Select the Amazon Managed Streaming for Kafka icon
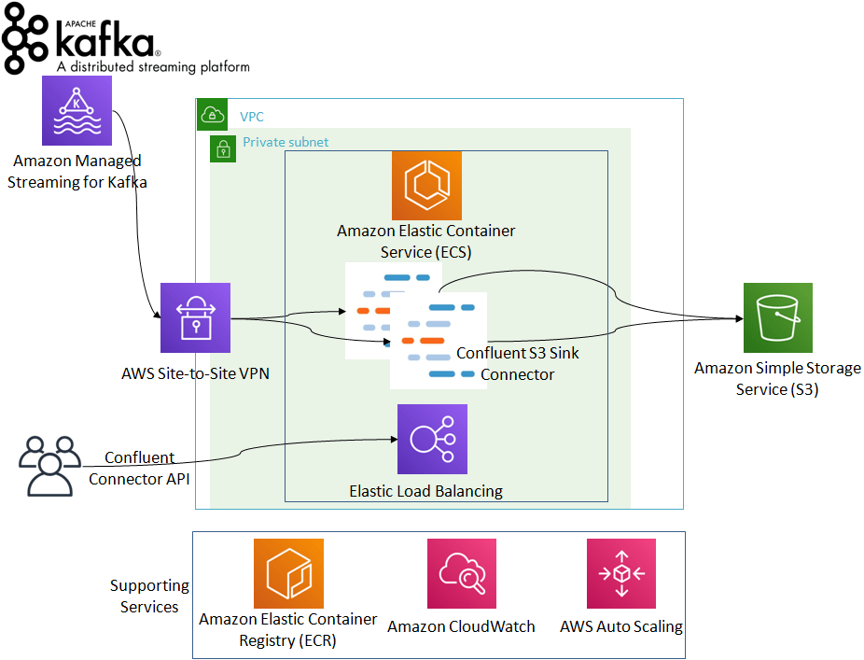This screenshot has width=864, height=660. point(77,111)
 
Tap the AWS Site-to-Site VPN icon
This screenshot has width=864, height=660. point(195,318)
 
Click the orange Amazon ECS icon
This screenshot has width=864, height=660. point(426,185)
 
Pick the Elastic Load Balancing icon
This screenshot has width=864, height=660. point(432,439)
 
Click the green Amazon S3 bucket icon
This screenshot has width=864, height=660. point(777,317)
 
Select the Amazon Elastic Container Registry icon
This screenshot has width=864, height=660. point(288,573)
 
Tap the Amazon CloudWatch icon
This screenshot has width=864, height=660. point(461,573)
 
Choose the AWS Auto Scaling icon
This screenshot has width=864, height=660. point(620,573)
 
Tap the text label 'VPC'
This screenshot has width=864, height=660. point(252,118)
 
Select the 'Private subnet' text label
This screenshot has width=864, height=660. point(286,143)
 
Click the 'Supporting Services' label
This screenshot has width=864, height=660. point(149,597)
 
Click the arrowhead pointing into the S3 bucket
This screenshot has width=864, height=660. point(738,318)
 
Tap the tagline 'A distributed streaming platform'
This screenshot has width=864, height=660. point(153,67)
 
